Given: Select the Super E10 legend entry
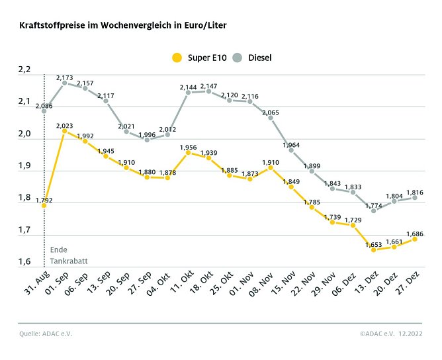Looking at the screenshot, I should [200, 58].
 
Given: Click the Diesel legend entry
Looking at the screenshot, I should [255, 58].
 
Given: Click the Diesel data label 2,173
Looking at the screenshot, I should [64, 78].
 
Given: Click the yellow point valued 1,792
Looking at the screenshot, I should [44, 206].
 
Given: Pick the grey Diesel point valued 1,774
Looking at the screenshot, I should [374, 210].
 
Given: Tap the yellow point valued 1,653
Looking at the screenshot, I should [374, 250].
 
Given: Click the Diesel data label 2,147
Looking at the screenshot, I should [209, 87].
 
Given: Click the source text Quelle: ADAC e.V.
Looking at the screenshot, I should [45, 334].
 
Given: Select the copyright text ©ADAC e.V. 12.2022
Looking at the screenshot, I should [392, 334].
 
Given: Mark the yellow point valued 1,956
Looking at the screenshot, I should [188, 153].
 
